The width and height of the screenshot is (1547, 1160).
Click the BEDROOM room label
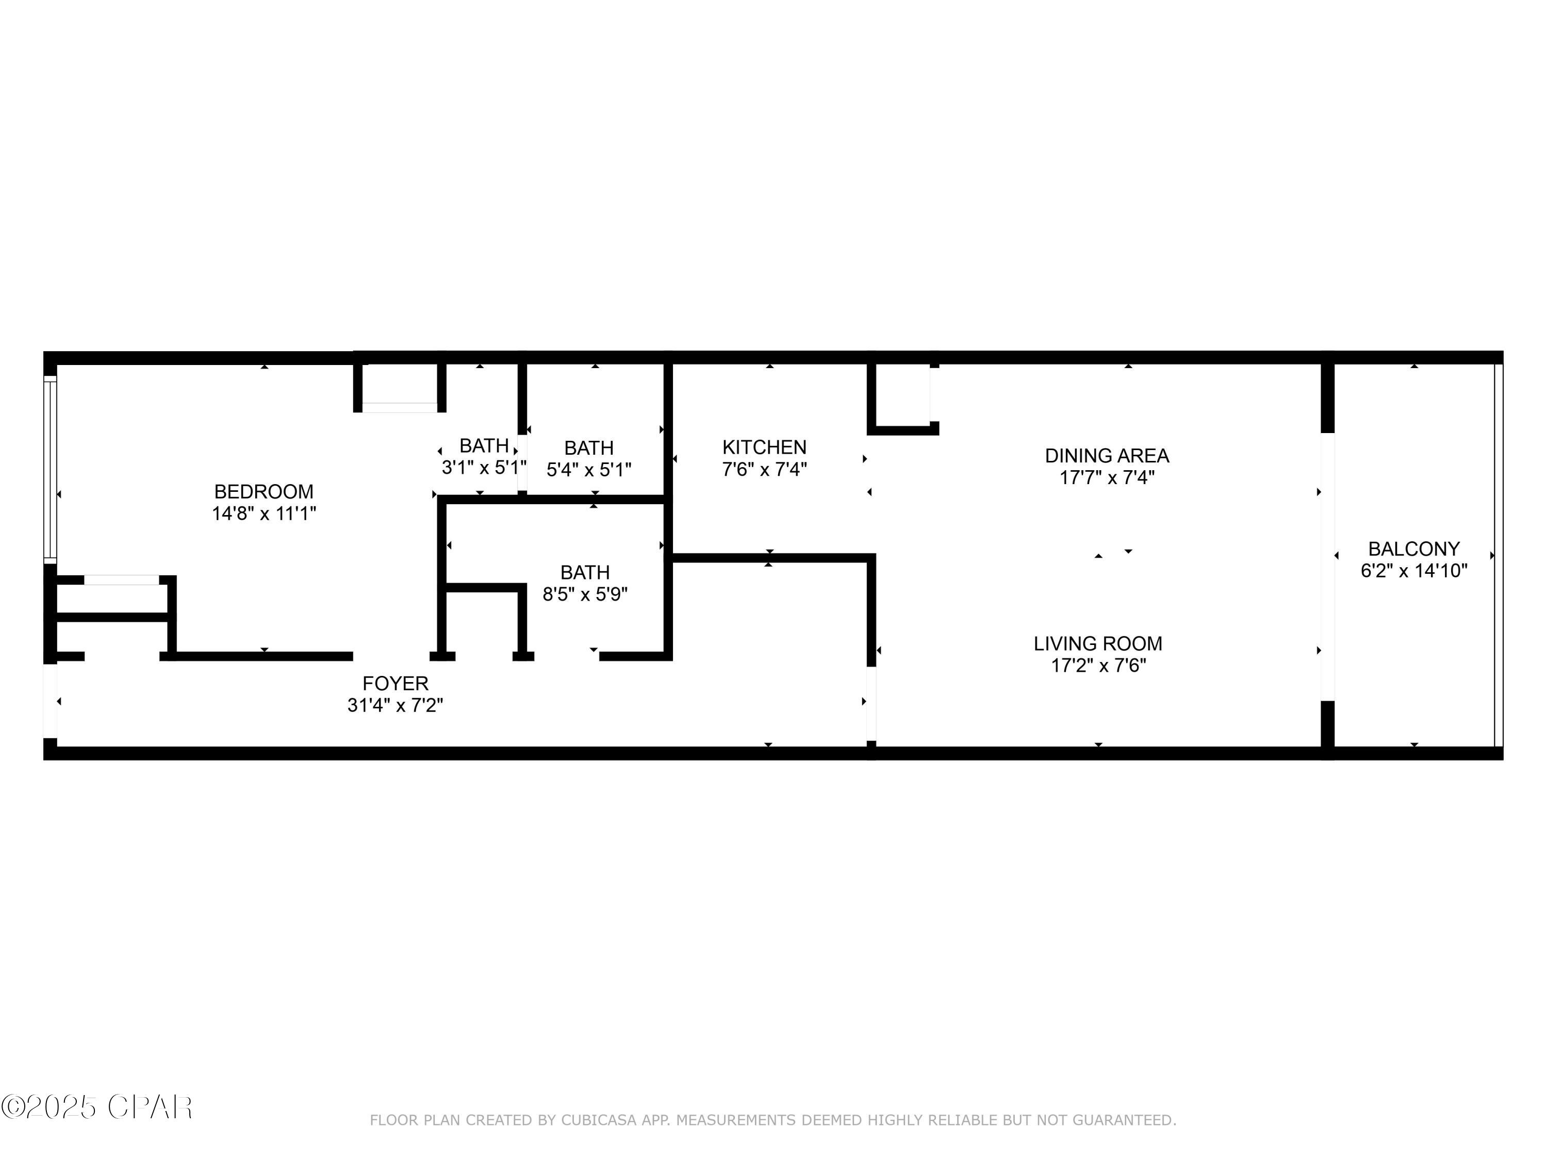point(264,491)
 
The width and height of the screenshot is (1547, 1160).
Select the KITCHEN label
point(764,448)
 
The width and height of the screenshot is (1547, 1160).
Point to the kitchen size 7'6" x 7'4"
point(764,469)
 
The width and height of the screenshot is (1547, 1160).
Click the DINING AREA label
point(1107,456)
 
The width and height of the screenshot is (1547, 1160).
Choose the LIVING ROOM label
point(1097,643)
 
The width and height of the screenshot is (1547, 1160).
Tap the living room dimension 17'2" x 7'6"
point(1098,666)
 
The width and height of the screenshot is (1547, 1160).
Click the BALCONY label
point(1413,549)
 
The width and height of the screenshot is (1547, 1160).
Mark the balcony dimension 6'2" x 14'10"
point(1413,571)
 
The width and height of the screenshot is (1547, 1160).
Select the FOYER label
point(395,683)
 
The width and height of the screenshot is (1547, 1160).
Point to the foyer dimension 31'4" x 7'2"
point(395,705)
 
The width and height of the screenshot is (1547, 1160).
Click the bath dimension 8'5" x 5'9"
point(585,594)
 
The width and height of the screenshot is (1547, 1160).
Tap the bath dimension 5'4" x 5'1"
point(588,470)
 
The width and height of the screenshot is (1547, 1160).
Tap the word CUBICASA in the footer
point(598,1120)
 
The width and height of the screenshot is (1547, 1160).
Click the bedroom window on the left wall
point(50,469)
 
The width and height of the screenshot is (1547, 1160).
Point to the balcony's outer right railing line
point(1497,556)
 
